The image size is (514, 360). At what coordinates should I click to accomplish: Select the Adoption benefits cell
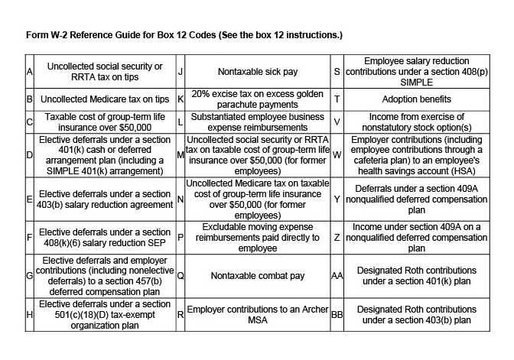(x=415, y=99)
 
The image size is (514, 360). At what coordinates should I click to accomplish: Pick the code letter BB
(x=337, y=315)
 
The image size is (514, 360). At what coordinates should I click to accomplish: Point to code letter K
(x=181, y=99)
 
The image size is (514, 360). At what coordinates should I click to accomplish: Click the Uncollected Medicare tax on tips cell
(x=104, y=99)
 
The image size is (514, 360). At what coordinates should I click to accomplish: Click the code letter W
(x=337, y=155)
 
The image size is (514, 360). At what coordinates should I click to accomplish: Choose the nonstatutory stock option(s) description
(x=415, y=121)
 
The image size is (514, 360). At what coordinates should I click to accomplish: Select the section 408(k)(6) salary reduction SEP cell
(x=104, y=238)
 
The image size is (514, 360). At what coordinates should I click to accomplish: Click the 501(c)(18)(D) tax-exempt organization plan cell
(x=104, y=315)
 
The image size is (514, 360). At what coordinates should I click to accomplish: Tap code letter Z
(x=337, y=238)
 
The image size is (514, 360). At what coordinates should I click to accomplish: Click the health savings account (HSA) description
(x=415, y=155)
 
